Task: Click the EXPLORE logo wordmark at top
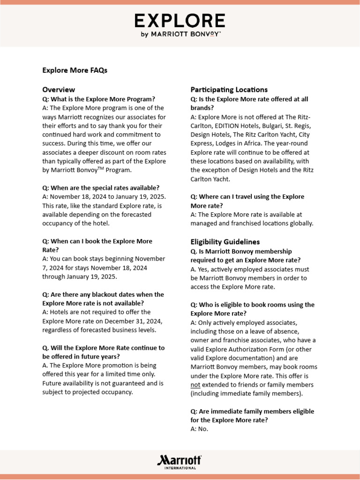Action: pos(180,21)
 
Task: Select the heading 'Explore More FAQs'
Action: pos(75,70)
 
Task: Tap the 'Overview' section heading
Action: pos(59,90)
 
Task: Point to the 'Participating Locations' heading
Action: pos(229,90)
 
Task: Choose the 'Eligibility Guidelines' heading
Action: pos(225,242)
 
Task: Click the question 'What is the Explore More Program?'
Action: pos(98,99)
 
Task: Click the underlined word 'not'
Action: pos(195,385)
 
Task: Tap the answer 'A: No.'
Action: pos(199,429)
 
